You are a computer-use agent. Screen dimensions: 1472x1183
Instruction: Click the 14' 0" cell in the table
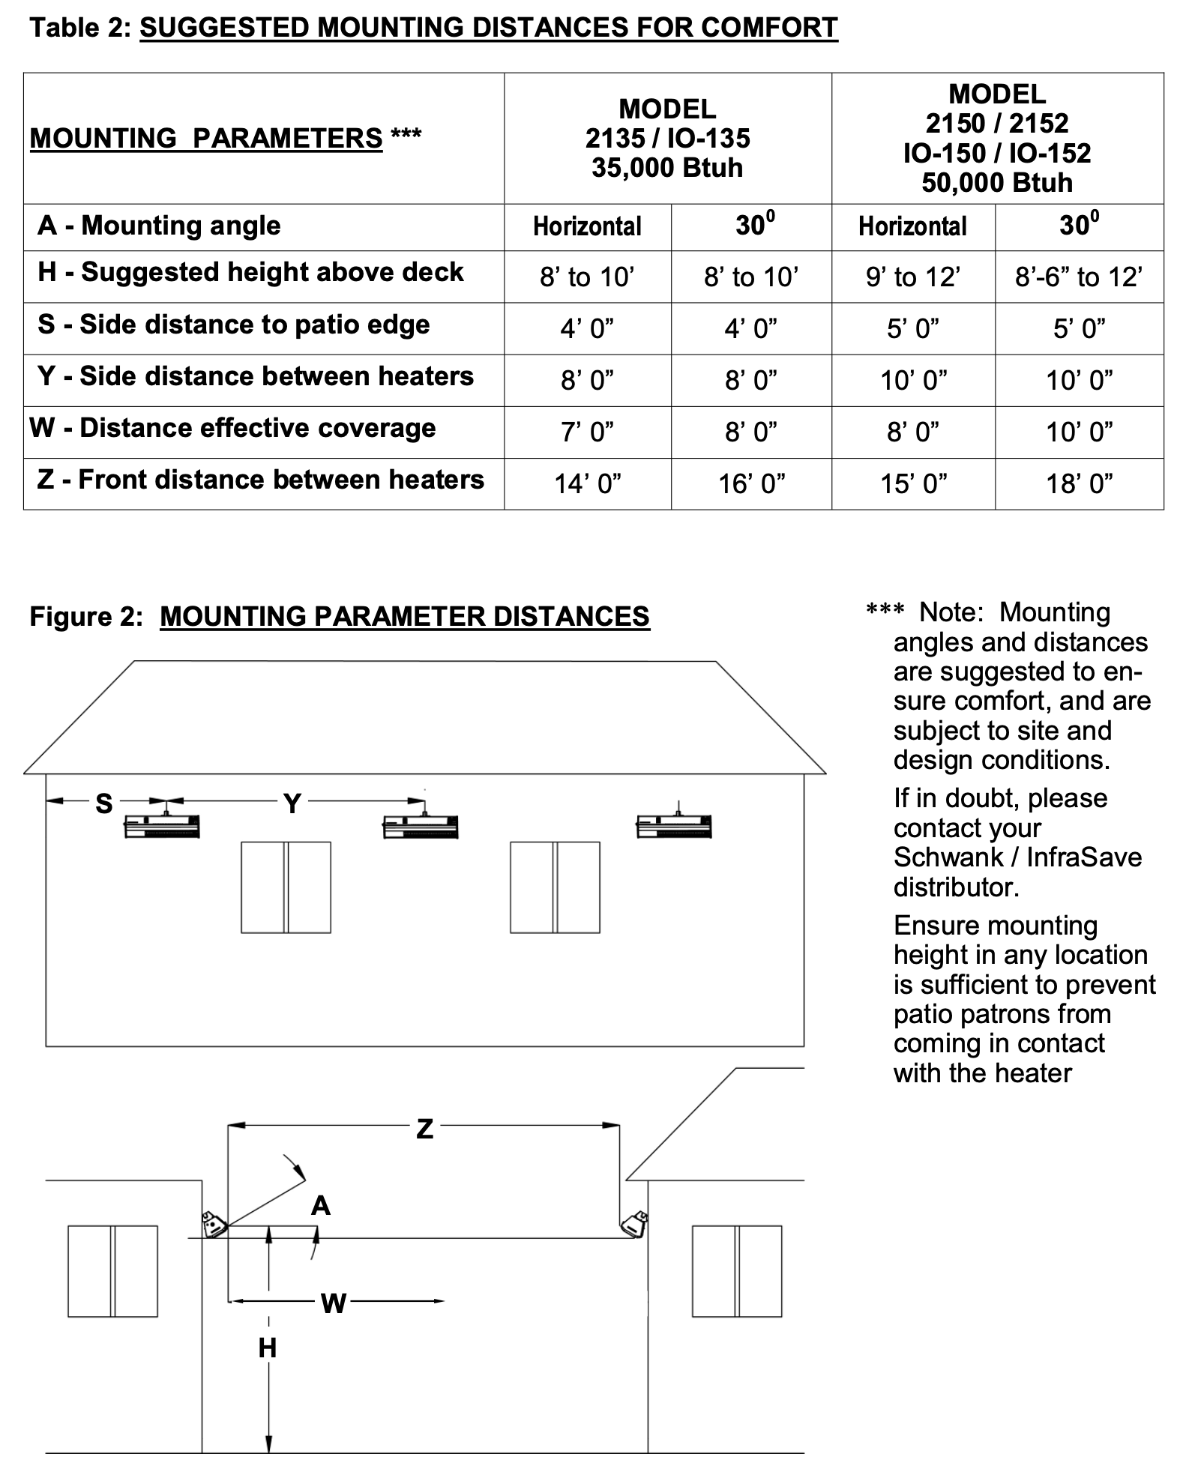pos(588,484)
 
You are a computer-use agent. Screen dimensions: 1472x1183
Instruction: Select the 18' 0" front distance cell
pos(1079,484)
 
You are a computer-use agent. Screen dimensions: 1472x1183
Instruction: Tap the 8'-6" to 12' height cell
pos(1079,277)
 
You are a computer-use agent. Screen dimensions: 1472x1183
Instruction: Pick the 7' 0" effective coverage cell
pos(588,432)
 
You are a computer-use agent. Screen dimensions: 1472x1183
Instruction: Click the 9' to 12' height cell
pos(912,277)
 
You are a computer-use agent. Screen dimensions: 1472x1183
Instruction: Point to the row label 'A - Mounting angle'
pos(159,226)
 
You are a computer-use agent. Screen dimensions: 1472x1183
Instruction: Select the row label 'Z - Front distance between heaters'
pos(260,480)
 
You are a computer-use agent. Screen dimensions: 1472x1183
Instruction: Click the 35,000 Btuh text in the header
pos(666,168)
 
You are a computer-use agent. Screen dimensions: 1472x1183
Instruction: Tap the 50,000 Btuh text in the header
pos(996,183)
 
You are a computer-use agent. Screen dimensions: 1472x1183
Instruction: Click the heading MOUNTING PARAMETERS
pos(206,139)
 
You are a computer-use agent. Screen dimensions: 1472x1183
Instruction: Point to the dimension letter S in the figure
pos(103,804)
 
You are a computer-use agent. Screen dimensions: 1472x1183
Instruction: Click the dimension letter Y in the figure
pos(292,804)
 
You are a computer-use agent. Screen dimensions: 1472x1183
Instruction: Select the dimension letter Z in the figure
pos(424,1129)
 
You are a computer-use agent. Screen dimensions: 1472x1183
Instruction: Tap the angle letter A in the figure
pos(320,1206)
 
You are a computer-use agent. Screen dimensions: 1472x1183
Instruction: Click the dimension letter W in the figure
pos(333,1304)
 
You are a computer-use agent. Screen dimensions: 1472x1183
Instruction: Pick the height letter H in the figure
pos(267,1348)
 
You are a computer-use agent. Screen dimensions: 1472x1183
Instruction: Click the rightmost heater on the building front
pos(673,825)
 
